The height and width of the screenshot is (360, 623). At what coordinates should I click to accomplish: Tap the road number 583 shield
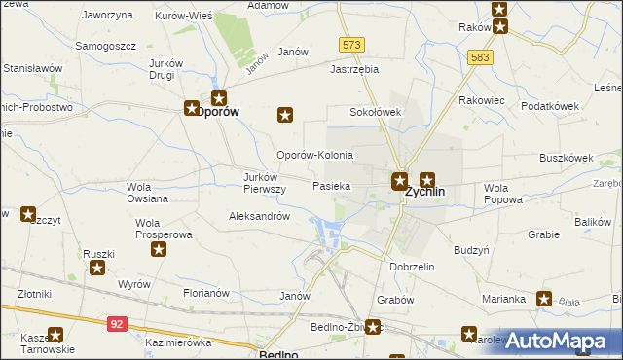coord(480,57)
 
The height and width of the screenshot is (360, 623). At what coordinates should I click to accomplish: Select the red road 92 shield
coord(116,320)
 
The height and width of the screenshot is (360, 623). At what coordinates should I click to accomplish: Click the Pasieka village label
coord(331,185)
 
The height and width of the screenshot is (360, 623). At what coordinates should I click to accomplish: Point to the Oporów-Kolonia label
coord(314,156)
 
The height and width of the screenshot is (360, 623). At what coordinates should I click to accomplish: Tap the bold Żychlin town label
coord(424,193)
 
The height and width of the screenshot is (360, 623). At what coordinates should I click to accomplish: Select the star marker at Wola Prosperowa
coord(159,249)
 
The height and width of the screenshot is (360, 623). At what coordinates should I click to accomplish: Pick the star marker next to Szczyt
coord(28,214)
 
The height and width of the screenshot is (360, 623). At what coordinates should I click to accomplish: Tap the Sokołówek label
coord(376,112)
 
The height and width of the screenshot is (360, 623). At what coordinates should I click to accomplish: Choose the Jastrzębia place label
coord(353,70)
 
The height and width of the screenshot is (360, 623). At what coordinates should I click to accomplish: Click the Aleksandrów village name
coord(259,217)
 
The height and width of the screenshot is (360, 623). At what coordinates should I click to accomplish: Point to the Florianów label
coord(205,292)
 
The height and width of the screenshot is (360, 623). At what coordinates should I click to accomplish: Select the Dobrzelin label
coord(411,266)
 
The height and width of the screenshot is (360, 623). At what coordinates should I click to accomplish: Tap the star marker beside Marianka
coord(543,300)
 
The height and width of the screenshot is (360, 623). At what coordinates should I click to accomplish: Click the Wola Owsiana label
coord(147,193)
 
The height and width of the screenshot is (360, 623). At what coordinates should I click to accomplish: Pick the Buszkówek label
coord(567,156)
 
